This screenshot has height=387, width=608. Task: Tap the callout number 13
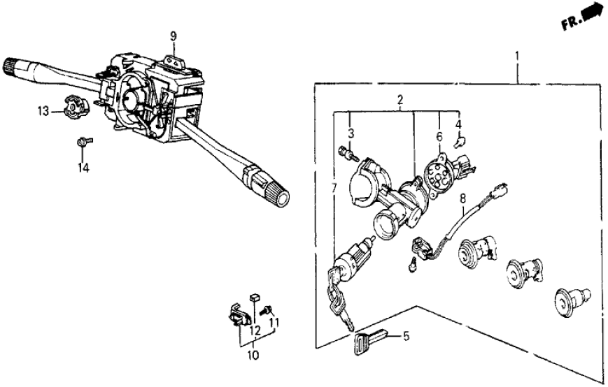pos(43,111)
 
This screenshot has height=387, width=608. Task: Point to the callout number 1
pos(517,56)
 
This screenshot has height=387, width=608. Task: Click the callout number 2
pos(399,101)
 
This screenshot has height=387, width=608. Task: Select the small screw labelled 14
pos(83,143)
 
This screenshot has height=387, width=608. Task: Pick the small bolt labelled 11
pos(267,310)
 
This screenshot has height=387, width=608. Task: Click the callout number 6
pos(439,138)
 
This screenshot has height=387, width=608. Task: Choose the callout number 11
pos(274,323)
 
